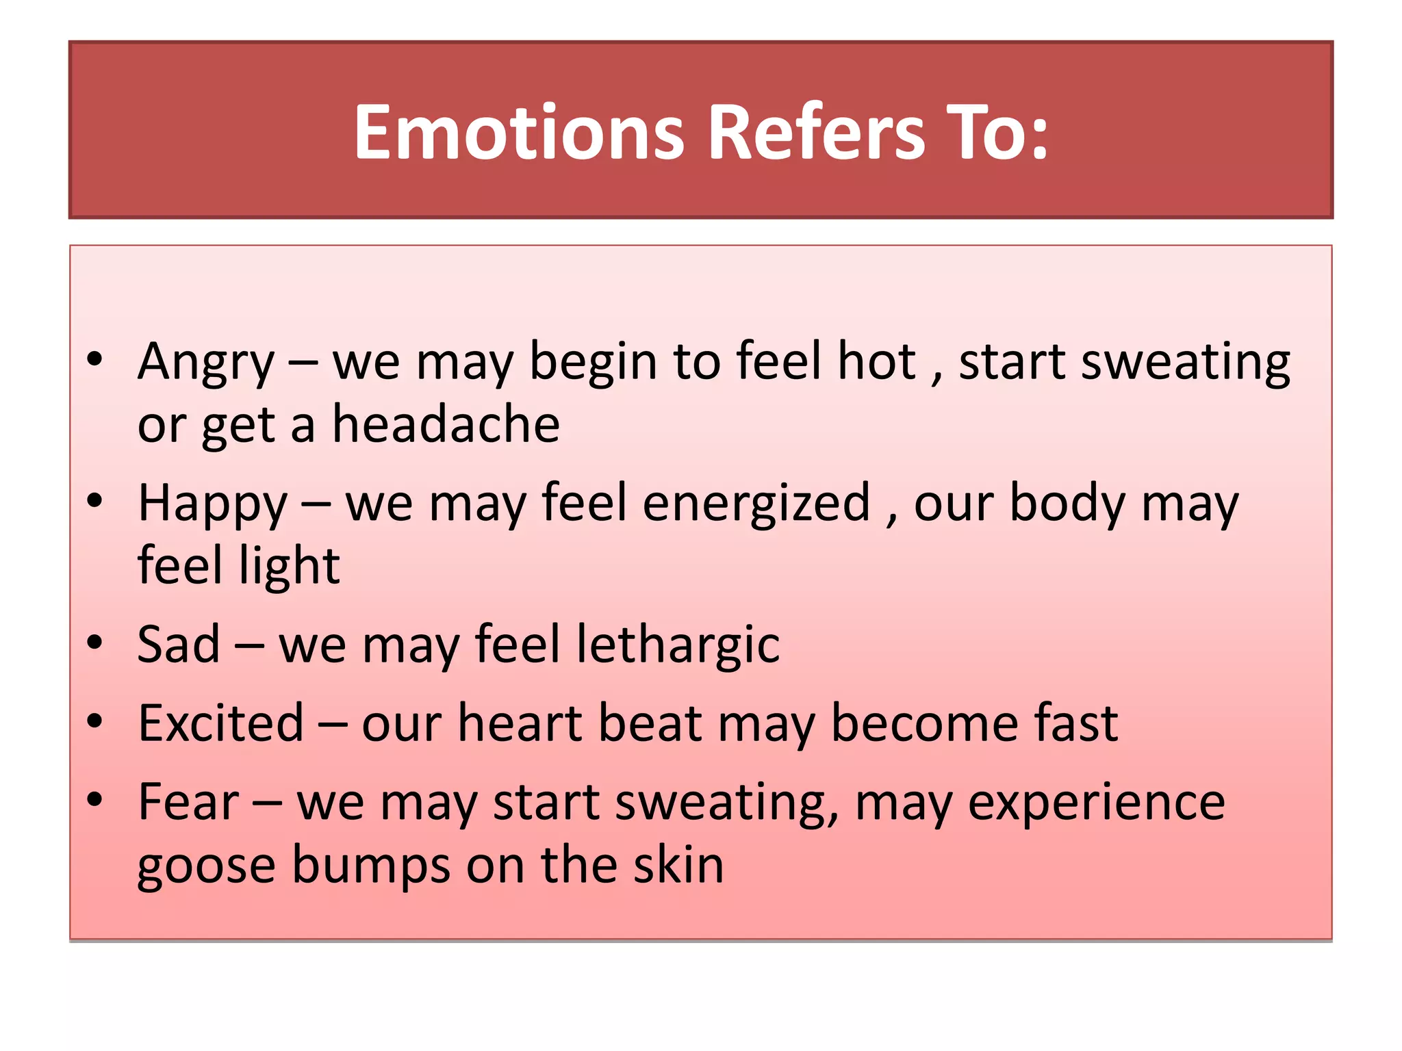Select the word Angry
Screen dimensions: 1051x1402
click(205, 363)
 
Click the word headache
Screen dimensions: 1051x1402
click(446, 425)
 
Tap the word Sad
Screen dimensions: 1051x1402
click(179, 645)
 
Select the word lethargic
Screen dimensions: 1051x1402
click(678, 646)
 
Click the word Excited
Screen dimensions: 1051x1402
click(221, 723)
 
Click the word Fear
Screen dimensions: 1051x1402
click(188, 802)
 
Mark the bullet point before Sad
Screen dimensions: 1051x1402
click(94, 643)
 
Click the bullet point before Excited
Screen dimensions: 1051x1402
click(94, 721)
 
